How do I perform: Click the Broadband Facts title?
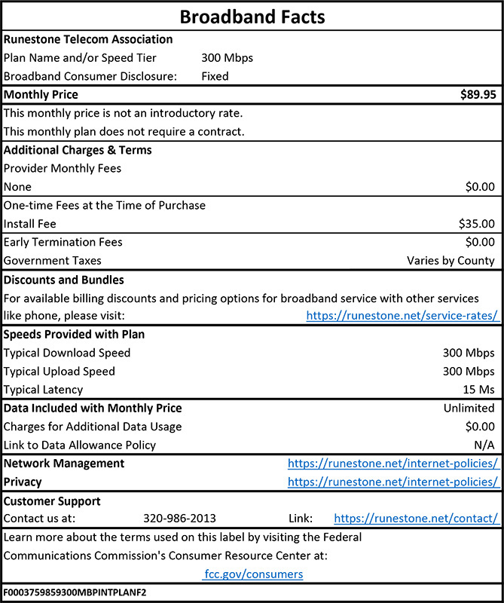[252, 17]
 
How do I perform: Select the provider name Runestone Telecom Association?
[88, 39]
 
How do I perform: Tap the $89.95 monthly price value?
[478, 95]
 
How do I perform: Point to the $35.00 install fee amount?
[476, 223]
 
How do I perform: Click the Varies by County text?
[451, 261]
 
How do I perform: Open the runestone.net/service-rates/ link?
[402, 316]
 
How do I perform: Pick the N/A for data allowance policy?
[484, 445]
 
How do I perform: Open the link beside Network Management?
[393, 464]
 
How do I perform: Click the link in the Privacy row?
[393, 482]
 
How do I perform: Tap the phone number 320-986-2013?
[179, 519]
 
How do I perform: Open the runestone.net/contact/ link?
[416, 519]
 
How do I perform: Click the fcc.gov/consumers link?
[253, 574]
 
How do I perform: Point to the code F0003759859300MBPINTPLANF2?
[75, 592]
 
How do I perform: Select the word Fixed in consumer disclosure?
[215, 76]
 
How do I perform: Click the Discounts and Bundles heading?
[64, 280]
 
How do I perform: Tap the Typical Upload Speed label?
[60, 372]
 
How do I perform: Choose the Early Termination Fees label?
[63, 242]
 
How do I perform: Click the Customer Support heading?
[52, 500]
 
